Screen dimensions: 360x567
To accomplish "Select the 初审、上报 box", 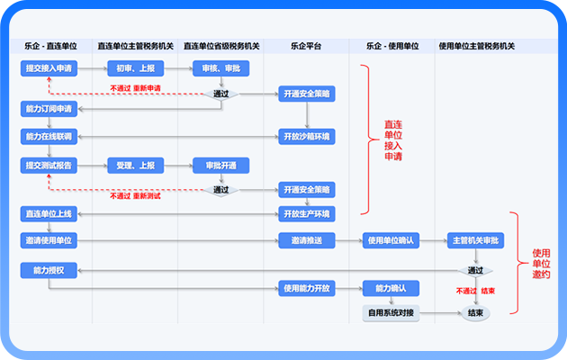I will coord(135,68).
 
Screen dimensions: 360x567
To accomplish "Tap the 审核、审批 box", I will coord(220,68).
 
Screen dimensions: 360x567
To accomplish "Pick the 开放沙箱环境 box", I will coord(307,137).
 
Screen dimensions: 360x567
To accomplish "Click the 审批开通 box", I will coord(220,166).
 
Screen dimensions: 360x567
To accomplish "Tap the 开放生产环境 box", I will coord(307,214).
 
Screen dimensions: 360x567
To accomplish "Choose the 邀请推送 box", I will coord(307,240).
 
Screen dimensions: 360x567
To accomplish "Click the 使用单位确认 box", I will coord(389,240).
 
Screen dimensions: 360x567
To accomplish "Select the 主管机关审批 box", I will coord(475,240).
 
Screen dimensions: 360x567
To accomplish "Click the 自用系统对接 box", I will coord(389,313).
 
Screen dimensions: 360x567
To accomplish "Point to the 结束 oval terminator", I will coord(475,313).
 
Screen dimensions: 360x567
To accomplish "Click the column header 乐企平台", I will coord(307,45).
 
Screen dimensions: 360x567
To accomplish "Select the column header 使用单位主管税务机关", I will coord(475,45).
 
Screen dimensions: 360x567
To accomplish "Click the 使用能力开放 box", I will coord(307,289).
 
